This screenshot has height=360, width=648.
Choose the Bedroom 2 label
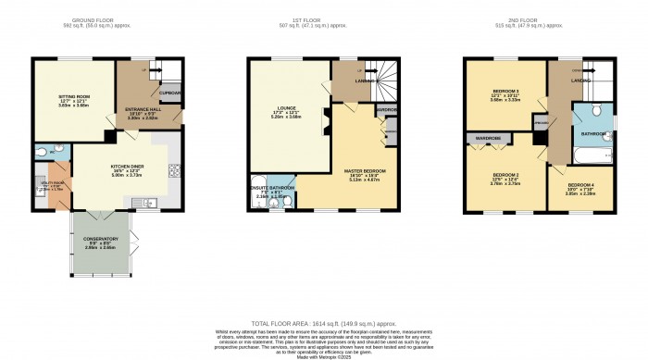[505, 175]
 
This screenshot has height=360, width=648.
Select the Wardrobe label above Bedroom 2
[487, 140]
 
